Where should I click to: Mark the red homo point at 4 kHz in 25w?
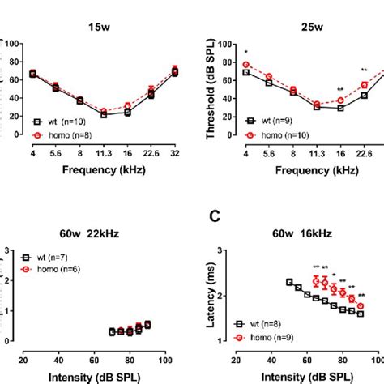pyautogui.click(x=245, y=64)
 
